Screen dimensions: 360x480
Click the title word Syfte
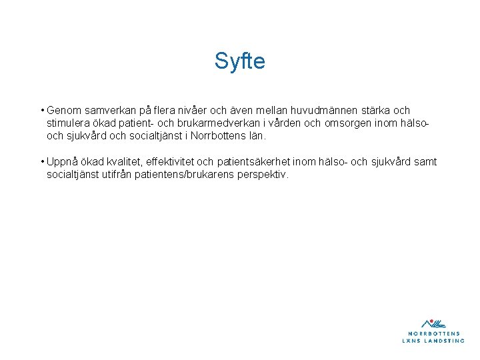tap(239, 61)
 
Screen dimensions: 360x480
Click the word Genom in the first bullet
tap(62, 110)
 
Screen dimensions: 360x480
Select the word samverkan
tap(106, 110)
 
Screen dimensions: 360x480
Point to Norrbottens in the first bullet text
tap(219, 135)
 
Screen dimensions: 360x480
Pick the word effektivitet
tap(174, 161)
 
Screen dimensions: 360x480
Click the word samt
tap(424, 161)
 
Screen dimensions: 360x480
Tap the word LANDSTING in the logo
tap(444, 340)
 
